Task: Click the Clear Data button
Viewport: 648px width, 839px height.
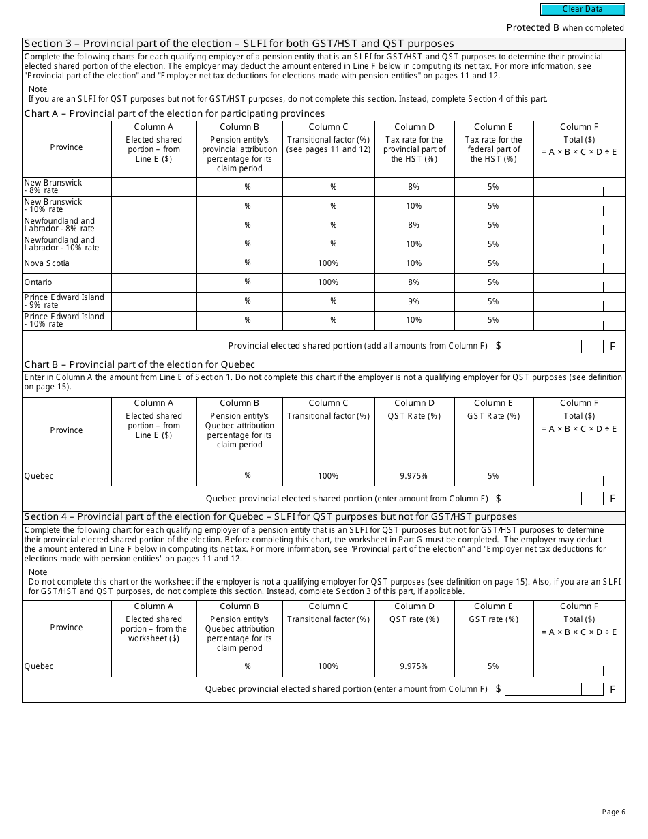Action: [583, 10]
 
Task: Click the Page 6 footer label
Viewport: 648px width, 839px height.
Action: [613, 812]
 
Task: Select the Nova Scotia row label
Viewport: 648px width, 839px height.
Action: [46, 263]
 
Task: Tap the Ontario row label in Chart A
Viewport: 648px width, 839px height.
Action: [38, 282]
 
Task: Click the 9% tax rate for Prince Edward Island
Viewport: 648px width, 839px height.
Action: [413, 301]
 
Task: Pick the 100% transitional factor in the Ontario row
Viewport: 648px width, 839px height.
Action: [328, 282]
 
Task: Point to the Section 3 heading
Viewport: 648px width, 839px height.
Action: [239, 44]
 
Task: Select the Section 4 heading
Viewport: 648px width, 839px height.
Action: [270, 517]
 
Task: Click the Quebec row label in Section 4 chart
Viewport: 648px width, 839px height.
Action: [38, 667]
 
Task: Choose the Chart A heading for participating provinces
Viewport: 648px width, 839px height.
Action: [175, 114]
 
